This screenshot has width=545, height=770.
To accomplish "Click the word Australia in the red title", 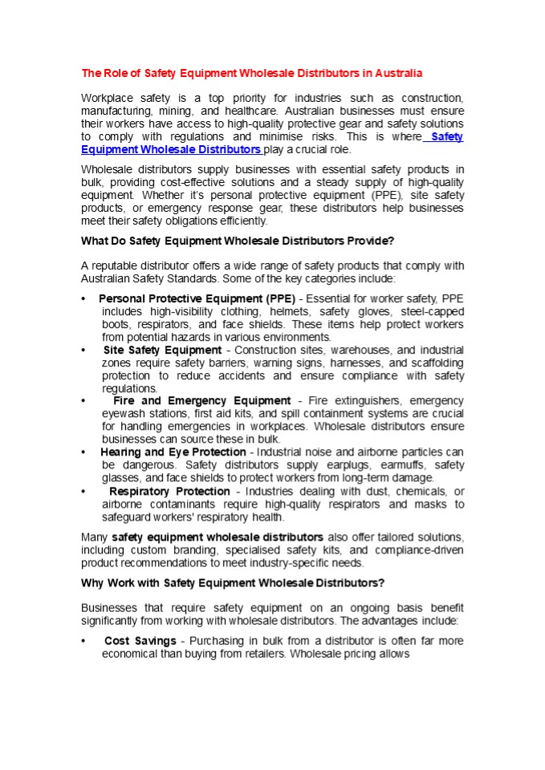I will click(x=399, y=73).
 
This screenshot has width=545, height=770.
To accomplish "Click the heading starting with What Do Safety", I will click(x=238, y=240).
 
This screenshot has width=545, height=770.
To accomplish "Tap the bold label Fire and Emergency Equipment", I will click(x=202, y=400).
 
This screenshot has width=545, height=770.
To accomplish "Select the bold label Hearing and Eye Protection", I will click(x=173, y=452).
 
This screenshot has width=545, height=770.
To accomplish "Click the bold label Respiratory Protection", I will click(x=169, y=491).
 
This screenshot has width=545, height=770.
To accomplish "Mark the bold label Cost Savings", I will click(x=140, y=641).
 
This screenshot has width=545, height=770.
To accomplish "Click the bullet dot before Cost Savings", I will click(x=84, y=642).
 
